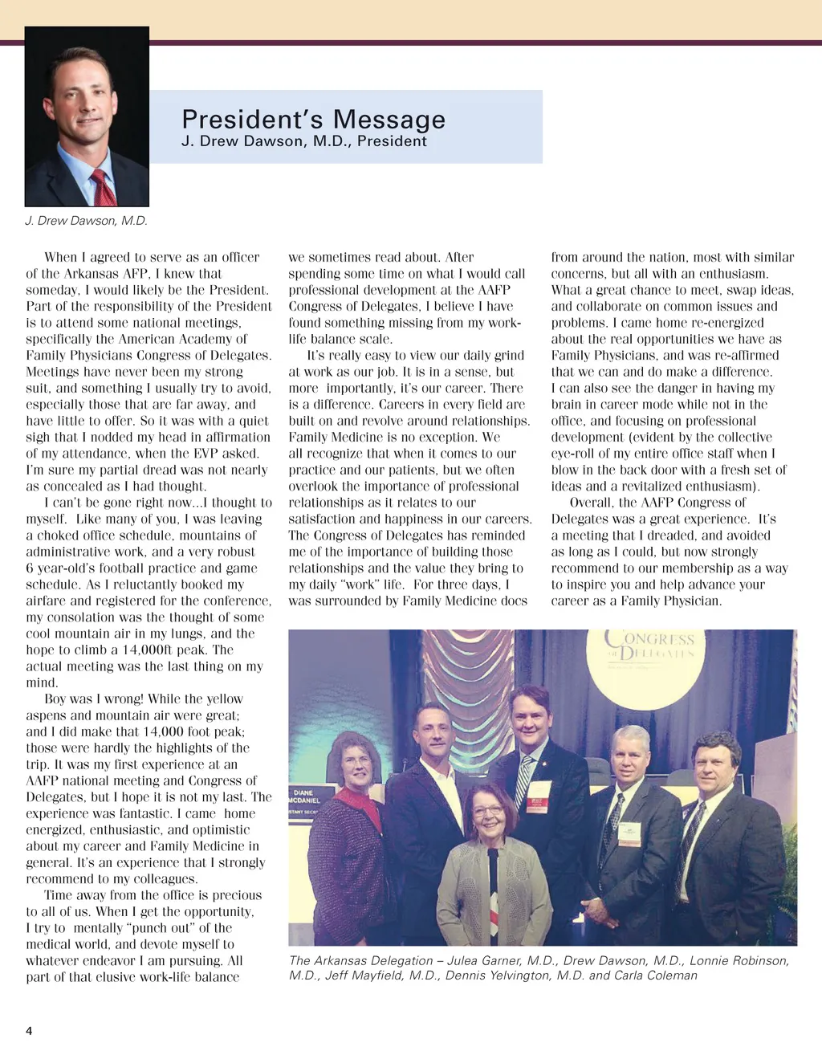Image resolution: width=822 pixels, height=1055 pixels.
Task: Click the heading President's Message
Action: (313, 120)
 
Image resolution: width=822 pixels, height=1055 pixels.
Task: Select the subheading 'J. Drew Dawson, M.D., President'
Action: (304, 141)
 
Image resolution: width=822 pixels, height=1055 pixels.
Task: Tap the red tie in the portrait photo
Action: (103, 187)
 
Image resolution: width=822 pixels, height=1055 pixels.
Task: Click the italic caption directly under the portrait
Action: (87, 221)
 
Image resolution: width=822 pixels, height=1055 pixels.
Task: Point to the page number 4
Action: (29, 1031)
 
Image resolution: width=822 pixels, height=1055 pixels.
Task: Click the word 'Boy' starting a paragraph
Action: (55, 699)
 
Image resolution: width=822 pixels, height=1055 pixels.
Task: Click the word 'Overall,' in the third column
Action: (592, 503)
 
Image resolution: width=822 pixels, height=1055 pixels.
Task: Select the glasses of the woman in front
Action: (488, 811)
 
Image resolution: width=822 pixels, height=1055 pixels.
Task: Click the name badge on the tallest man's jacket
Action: (539, 795)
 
